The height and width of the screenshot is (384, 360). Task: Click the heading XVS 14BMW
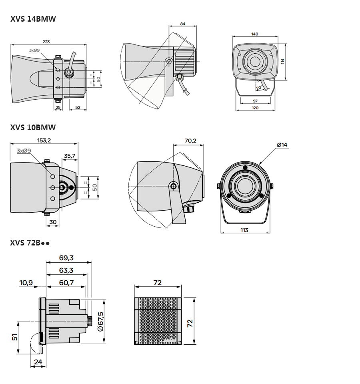coord(33,19)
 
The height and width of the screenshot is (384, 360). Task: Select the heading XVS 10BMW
coord(33,127)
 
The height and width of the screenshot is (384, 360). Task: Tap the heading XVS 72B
coord(30,243)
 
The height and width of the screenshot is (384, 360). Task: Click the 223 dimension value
coord(46,42)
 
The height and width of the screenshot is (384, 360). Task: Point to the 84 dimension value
coord(183,24)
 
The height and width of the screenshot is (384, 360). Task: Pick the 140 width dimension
coord(254,34)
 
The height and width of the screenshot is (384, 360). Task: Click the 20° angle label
coord(259,87)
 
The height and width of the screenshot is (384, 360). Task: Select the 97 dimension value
coord(255,101)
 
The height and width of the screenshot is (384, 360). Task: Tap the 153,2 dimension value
coord(44,140)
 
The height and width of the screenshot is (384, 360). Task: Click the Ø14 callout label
coord(282,145)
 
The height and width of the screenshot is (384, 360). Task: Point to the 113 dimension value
coord(244,230)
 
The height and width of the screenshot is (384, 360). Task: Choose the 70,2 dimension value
coord(190,141)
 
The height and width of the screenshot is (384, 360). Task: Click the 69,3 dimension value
coord(66,258)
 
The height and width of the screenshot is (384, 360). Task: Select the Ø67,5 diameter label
coord(100,322)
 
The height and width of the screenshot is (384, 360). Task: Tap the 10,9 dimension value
coord(26,283)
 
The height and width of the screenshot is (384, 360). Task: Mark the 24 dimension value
coord(38,362)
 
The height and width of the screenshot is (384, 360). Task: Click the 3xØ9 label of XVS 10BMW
coord(24,151)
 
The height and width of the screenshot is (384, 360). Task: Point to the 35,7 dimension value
coord(70,156)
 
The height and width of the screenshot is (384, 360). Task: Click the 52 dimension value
coord(78,107)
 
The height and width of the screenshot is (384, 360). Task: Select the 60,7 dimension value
coord(66,283)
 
